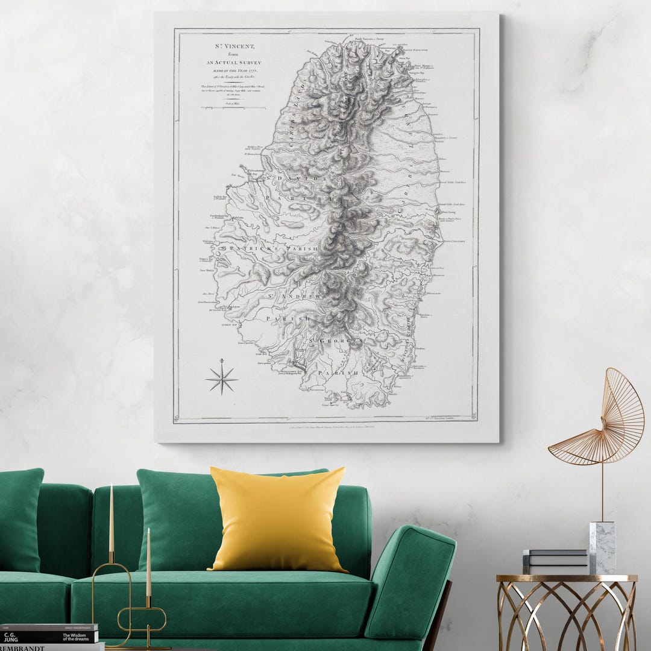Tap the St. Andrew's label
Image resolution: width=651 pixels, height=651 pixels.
295,297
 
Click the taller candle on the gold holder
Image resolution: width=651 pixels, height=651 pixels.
112,518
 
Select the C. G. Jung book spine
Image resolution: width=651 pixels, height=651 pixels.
48,636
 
